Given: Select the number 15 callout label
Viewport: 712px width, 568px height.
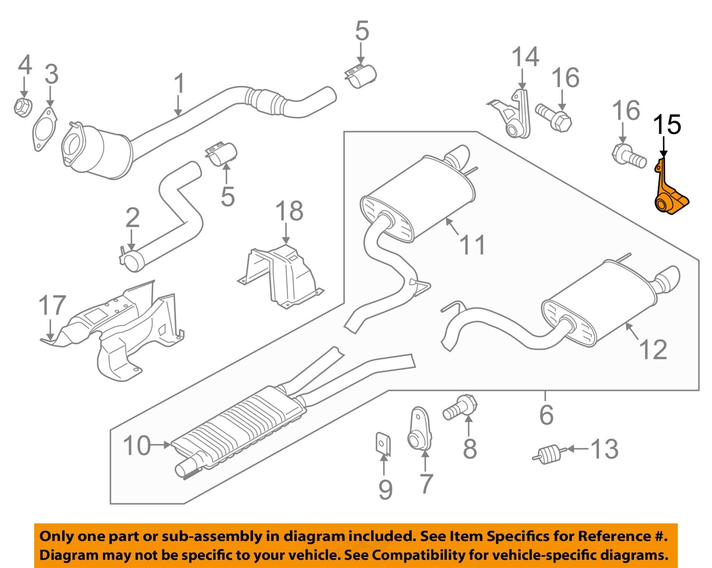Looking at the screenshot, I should pyautogui.click(x=667, y=125).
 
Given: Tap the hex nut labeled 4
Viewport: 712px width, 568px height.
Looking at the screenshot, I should pyautogui.click(x=22, y=108).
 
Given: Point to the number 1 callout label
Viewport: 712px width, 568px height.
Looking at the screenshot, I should pyautogui.click(x=178, y=84).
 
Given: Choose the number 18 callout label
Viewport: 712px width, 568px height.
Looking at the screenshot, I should pyautogui.click(x=289, y=211).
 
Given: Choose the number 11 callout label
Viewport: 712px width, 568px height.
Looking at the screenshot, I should pyautogui.click(x=473, y=245).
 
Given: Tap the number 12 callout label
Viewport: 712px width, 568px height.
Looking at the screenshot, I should pyautogui.click(x=653, y=350).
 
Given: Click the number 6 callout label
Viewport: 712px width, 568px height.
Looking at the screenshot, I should pyautogui.click(x=546, y=415).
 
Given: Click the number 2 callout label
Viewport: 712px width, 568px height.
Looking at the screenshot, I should pyautogui.click(x=132, y=217).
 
